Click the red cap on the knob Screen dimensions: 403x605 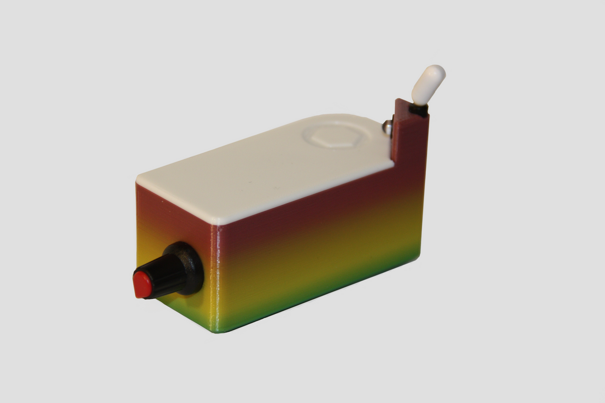click(142, 284)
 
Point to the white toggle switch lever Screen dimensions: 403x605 click(427, 85)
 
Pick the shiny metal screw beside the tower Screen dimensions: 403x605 click(387, 127)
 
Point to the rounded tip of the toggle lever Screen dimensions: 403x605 click(436, 72)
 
